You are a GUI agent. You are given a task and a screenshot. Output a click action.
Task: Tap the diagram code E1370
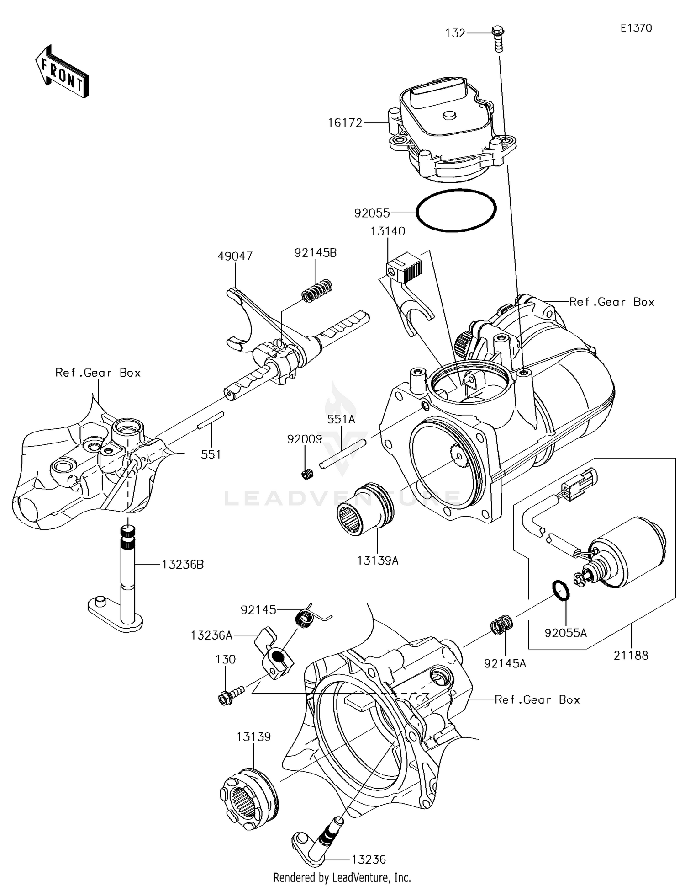point(636,28)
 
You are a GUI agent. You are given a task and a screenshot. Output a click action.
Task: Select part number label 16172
point(345,123)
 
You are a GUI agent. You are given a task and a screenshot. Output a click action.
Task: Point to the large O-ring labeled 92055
point(456,210)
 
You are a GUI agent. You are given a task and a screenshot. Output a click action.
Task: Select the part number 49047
point(235,256)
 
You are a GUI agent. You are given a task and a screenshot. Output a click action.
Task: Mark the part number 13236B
point(183,565)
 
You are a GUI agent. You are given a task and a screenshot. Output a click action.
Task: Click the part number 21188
point(631,656)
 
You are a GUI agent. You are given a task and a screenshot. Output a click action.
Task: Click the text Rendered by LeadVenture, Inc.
point(342,877)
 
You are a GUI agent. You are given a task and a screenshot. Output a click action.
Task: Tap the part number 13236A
point(211,635)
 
